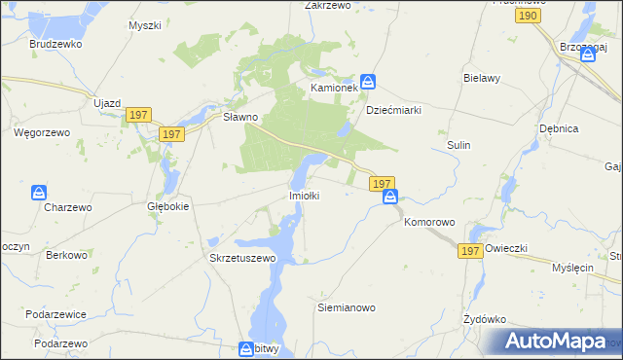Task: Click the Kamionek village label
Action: pos(334,89)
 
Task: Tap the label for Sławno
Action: pos(239,117)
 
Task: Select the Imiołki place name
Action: pos(305,196)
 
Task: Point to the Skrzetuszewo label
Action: pos(243,259)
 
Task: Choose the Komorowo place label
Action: pos(429,222)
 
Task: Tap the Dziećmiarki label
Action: pos(393,110)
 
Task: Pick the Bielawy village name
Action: pos(482,77)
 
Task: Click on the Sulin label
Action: pos(458,145)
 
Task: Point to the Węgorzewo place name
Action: pos(38,130)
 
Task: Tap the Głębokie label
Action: pos(167,206)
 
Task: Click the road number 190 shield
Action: pos(529,17)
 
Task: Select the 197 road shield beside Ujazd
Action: pos(137,116)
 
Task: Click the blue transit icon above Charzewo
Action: pos(38,193)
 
